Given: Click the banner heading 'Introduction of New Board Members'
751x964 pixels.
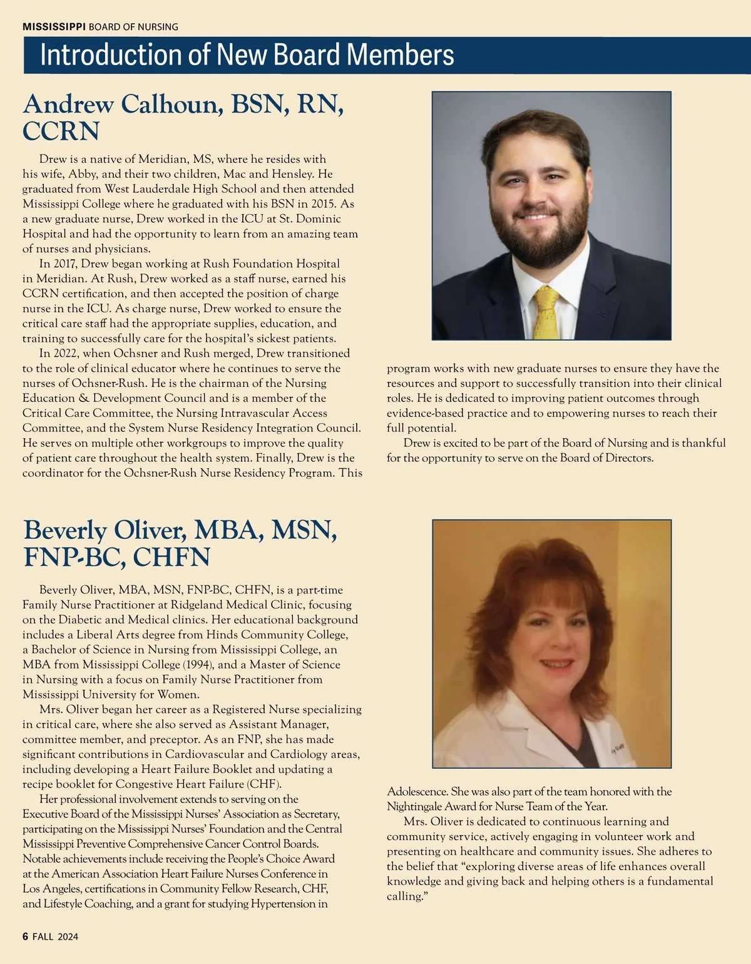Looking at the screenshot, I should click(247, 55).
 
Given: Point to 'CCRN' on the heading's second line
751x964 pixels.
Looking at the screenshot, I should click(61, 131).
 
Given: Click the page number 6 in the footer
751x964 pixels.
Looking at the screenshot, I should click(26, 936).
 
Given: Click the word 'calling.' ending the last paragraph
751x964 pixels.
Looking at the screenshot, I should click(405, 896).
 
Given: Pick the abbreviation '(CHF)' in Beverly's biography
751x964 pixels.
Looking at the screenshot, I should click(265, 784).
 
